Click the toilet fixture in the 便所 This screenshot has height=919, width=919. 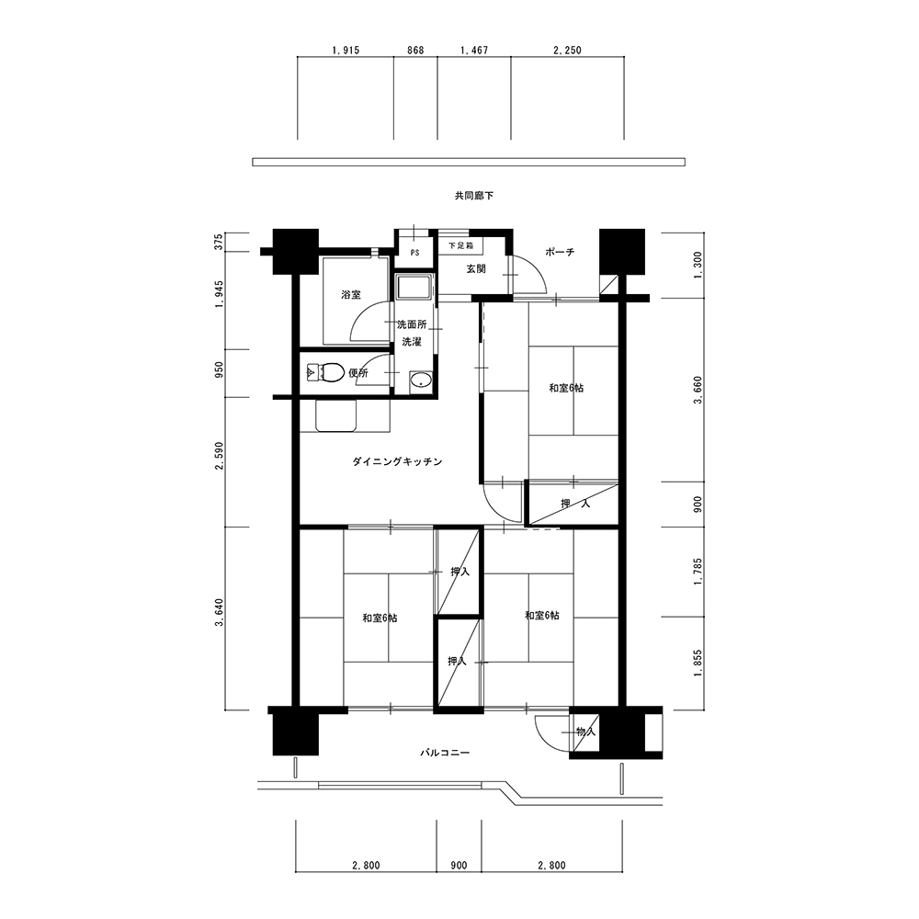point(325,373)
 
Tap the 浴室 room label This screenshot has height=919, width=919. point(351,295)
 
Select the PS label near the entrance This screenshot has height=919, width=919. point(415,254)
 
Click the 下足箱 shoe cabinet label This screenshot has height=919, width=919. point(460,245)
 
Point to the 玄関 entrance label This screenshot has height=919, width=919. point(476,269)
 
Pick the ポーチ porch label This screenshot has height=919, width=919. point(560,252)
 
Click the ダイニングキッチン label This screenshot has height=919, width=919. point(397,462)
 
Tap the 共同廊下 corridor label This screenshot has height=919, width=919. point(474,195)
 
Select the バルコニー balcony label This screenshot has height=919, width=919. point(445,753)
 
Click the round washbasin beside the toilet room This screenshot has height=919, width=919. point(420,380)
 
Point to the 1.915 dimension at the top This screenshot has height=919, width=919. point(346,51)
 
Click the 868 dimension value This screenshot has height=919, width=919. point(415,51)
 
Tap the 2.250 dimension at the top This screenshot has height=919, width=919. point(567,51)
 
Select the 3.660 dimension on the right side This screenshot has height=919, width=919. point(698,391)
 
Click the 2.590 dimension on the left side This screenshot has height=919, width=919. point(220,456)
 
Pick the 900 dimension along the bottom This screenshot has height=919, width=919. point(459,865)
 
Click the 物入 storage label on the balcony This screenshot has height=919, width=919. point(586,732)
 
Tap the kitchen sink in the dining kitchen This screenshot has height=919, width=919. point(336,415)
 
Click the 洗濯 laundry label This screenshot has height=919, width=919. point(412,341)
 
